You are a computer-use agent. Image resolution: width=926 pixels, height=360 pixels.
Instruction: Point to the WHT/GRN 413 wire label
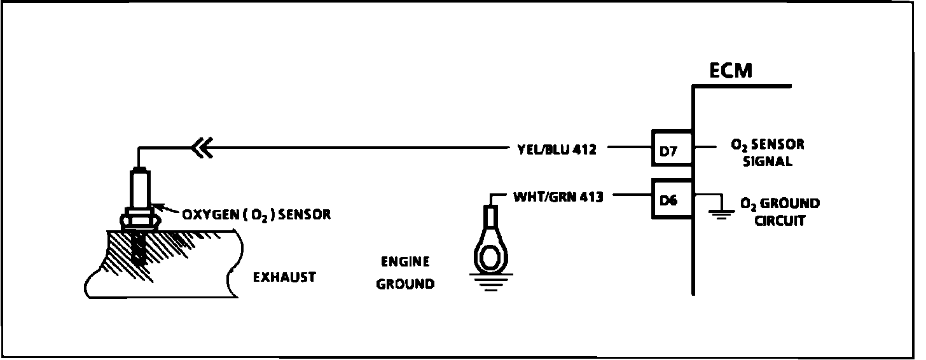[x=558, y=197]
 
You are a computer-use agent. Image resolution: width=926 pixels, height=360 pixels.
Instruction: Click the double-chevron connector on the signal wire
[x=203, y=149]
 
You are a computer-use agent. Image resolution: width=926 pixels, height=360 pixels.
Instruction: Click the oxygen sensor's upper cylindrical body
[x=139, y=188]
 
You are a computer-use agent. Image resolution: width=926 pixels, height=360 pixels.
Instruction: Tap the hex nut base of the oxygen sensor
[x=139, y=219]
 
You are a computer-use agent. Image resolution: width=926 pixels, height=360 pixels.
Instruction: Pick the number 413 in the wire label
[x=591, y=197]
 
